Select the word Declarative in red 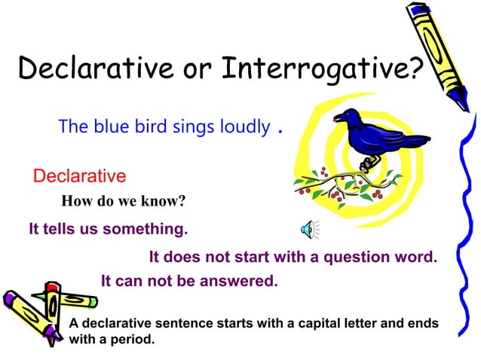tap(79, 176)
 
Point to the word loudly tap(244, 127)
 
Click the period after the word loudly tap(280, 130)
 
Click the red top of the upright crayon tap(52, 288)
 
